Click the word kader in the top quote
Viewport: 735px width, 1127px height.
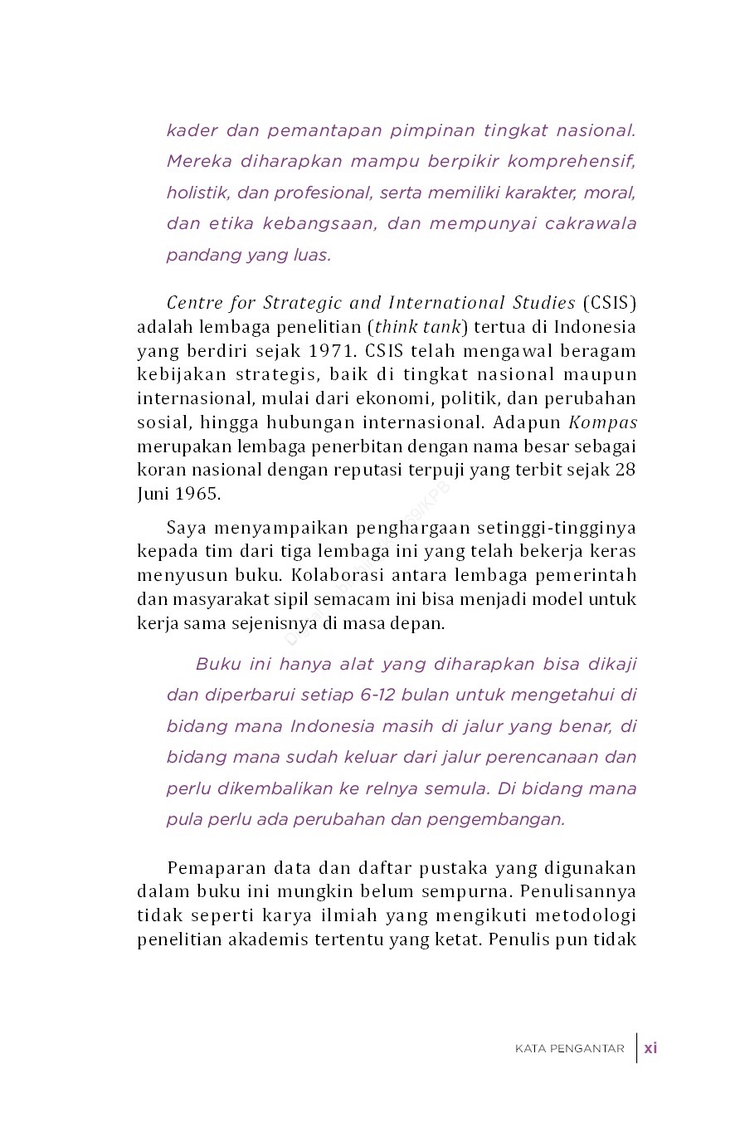tap(192, 130)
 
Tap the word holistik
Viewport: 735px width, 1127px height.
tap(197, 193)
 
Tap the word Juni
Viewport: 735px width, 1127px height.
tap(152, 494)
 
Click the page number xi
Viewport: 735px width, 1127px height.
tap(650, 1047)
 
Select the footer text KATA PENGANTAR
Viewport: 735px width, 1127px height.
tap(569, 1048)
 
